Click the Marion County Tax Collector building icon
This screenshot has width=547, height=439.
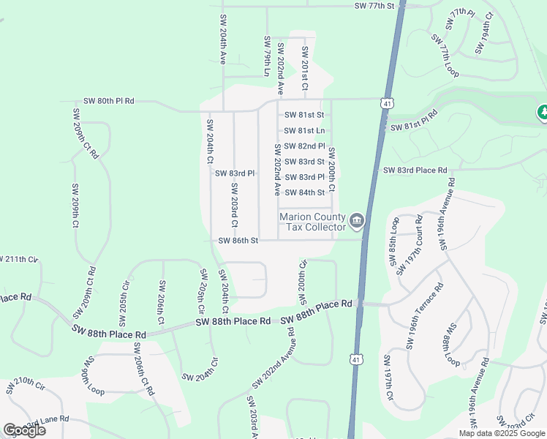tap(356, 219)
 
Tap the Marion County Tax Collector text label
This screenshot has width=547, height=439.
tap(314, 222)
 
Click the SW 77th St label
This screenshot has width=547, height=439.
tap(374, 6)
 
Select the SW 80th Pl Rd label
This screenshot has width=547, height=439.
tap(109, 101)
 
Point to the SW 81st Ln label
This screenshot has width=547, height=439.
tap(304, 130)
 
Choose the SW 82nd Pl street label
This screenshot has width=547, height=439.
tap(304, 146)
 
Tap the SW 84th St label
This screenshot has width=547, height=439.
tap(304, 192)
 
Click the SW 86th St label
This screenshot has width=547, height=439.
tap(238, 240)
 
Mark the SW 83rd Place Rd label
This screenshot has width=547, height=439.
tap(415, 170)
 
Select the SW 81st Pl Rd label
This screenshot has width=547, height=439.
tap(414, 121)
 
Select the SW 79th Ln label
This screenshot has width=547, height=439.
tap(267, 54)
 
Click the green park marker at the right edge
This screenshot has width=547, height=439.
tap(543, 113)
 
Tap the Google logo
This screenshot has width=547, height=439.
tap(23, 429)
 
